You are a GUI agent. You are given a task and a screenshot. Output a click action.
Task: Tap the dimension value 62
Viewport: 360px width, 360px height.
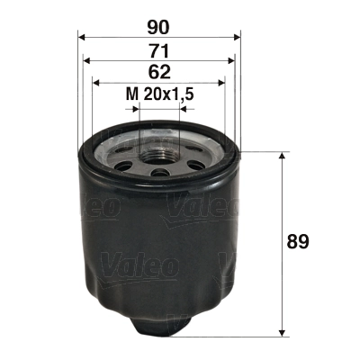[159, 71]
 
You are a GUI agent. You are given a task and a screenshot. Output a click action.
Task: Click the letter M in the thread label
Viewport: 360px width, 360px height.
[130, 94]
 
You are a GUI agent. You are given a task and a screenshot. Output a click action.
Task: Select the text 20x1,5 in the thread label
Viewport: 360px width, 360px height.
[169, 94]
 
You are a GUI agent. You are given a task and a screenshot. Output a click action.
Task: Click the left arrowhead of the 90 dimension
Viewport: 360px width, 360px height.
[82, 38]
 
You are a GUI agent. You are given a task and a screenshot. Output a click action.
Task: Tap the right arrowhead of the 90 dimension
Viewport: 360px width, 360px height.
[238, 38]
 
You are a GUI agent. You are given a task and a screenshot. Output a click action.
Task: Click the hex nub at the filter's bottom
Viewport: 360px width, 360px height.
[160, 321]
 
